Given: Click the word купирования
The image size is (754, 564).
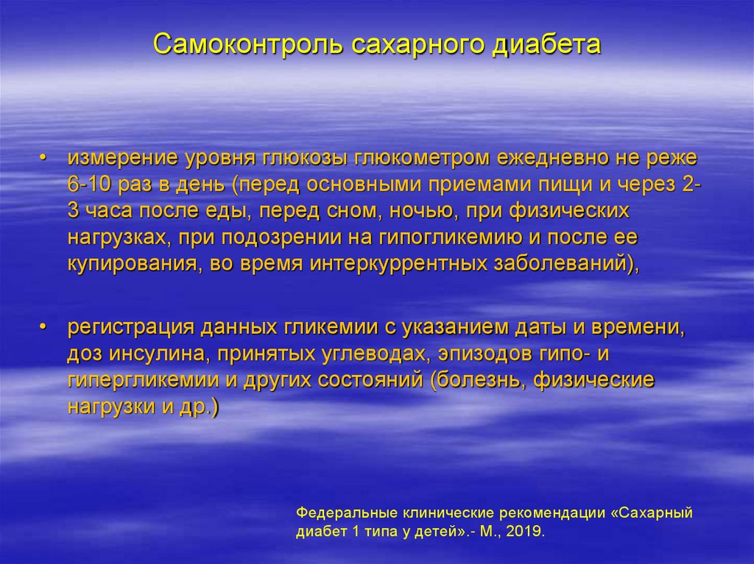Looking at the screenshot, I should point(127,265).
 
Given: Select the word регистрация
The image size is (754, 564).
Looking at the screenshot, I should point(131,327).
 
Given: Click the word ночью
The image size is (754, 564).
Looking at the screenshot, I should point(417,212).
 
